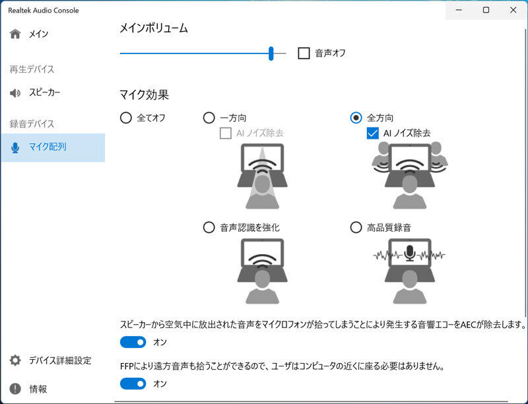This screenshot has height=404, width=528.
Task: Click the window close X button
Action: tap(513, 10)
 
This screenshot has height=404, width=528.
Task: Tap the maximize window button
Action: tap(486, 10)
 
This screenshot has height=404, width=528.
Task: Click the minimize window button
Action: tap(459, 10)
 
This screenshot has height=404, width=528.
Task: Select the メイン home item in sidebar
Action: tap(29, 34)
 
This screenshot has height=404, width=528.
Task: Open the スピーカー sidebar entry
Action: tap(35, 92)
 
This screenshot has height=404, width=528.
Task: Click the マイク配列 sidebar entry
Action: tap(38, 147)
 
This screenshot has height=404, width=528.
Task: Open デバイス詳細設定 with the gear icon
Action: tap(51, 360)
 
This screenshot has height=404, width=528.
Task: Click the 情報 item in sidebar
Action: tap(28, 389)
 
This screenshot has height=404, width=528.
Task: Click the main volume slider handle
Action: tap(271, 53)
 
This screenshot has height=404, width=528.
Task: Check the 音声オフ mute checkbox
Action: tap(304, 53)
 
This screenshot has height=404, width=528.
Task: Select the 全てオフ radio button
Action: tap(126, 118)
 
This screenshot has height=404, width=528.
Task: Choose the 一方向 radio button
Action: tap(209, 118)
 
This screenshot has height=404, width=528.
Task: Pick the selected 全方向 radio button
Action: tap(356, 118)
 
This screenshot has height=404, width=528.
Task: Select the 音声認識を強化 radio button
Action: tap(209, 227)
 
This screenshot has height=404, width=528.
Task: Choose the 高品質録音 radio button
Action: tap(356, 227)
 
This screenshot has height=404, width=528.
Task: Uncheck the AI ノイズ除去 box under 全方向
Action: tap(372, 133)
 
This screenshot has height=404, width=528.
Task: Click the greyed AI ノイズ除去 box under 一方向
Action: tap(225, 133)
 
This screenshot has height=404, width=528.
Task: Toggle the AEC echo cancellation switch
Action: tap(133, 343)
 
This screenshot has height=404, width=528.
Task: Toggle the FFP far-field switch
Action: tap(133, 384)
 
